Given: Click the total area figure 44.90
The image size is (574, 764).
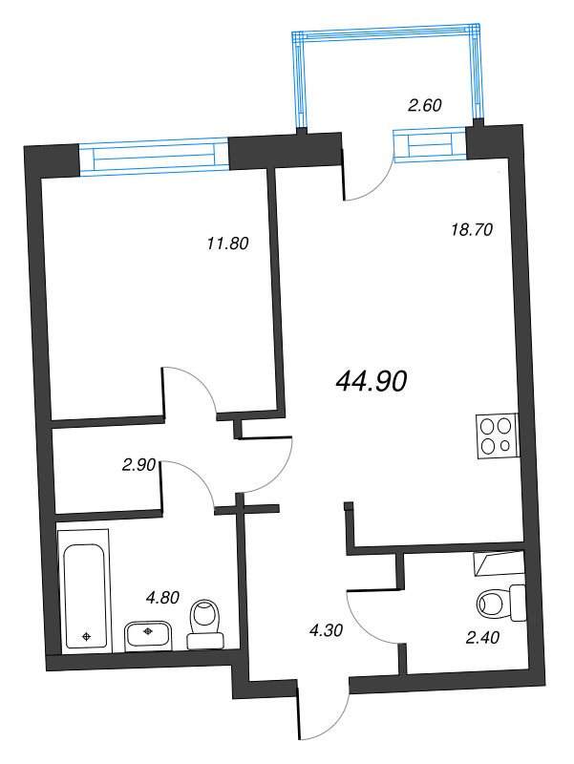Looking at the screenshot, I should [372, 381].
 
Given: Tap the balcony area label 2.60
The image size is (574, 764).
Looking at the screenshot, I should [424, 106].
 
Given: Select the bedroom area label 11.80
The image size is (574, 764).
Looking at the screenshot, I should [227, 243].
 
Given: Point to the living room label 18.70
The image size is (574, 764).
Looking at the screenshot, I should [471, 228].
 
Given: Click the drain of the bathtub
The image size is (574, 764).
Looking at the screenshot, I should [87, 635].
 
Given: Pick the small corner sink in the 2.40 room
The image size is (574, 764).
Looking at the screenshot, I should [500, 564].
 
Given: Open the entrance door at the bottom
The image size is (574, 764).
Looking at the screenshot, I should [325, 711].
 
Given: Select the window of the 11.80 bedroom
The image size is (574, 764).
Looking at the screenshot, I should [154, 156].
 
